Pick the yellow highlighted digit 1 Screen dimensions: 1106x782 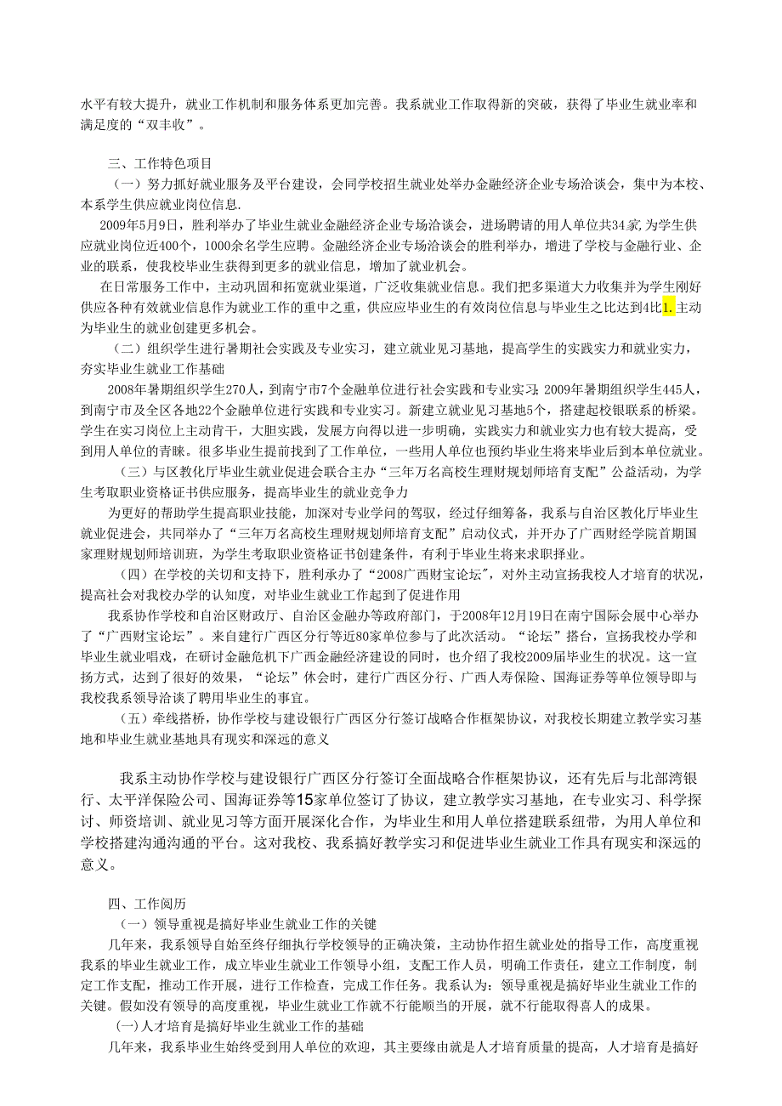(667, 308)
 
